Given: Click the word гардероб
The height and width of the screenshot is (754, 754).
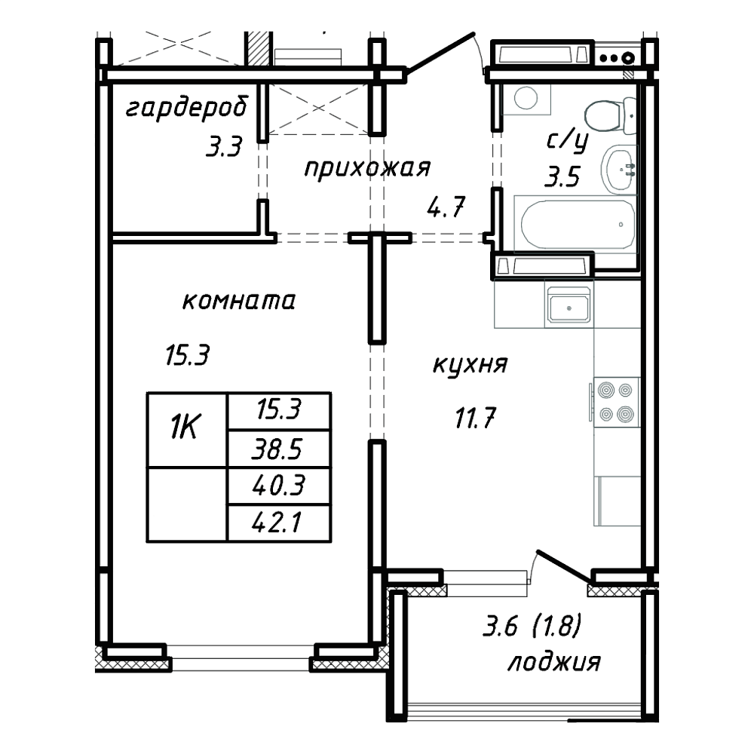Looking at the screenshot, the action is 187,109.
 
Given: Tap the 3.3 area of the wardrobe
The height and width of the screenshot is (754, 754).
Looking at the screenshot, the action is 224,147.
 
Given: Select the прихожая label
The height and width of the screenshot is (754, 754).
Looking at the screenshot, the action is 367,169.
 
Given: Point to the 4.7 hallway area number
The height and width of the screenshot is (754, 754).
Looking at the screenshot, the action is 446,207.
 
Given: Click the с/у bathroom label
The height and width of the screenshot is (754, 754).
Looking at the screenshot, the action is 568,142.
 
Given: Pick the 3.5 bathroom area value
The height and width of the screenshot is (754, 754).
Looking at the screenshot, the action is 562,176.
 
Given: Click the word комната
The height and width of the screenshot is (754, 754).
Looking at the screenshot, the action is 239,302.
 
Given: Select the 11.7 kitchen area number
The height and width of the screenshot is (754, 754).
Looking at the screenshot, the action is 475,418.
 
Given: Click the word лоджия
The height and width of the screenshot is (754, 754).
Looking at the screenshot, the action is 554,663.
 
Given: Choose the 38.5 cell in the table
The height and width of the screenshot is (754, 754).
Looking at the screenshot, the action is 279,449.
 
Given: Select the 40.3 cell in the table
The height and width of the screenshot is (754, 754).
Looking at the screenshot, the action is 279,486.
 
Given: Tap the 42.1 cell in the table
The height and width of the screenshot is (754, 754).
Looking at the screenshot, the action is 279,523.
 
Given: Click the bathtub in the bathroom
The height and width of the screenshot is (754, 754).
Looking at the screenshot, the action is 575,224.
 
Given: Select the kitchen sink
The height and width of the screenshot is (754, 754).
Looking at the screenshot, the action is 569,305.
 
